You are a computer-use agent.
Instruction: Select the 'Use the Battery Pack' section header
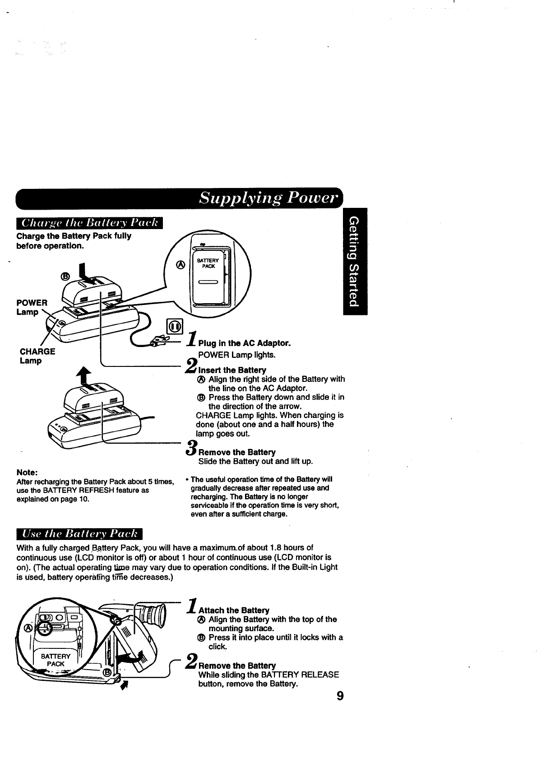pyautogui.click(x=79, y=534)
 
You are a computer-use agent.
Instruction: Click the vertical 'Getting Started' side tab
pyautogui.click(x=355, y=261)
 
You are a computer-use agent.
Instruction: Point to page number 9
pyautogui.click(x=340, y=696)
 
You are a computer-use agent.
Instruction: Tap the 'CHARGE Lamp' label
pyautogui.click(x=37, y=356)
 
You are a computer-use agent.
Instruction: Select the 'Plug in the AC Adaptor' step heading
pyautogui.click(x=245, y=343)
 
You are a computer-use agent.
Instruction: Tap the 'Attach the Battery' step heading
pyautogui.click(x=234, y=610)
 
